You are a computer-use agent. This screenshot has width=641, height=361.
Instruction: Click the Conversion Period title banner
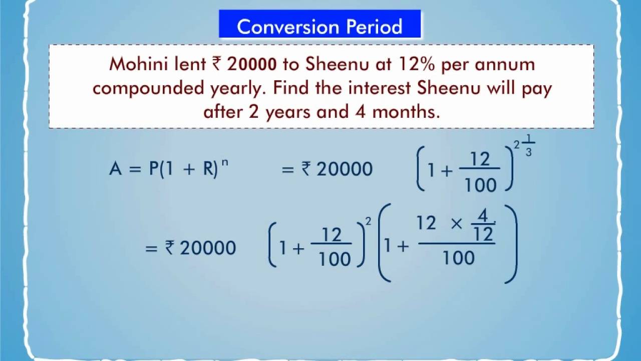tap(319, 26)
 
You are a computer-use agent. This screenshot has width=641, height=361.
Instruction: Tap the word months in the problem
tap(406, 111)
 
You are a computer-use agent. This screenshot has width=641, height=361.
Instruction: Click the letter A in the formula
tap(115, 169)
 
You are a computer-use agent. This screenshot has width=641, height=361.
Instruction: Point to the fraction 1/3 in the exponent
tap(528, 146)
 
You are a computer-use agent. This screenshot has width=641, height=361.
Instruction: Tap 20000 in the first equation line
tap(344, 169)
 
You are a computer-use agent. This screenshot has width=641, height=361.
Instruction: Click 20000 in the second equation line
tap(207, 248)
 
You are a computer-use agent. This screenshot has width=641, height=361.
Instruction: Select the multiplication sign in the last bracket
tap(457, 224)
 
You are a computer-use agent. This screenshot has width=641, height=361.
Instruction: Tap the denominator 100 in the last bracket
tap(459, 258)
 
